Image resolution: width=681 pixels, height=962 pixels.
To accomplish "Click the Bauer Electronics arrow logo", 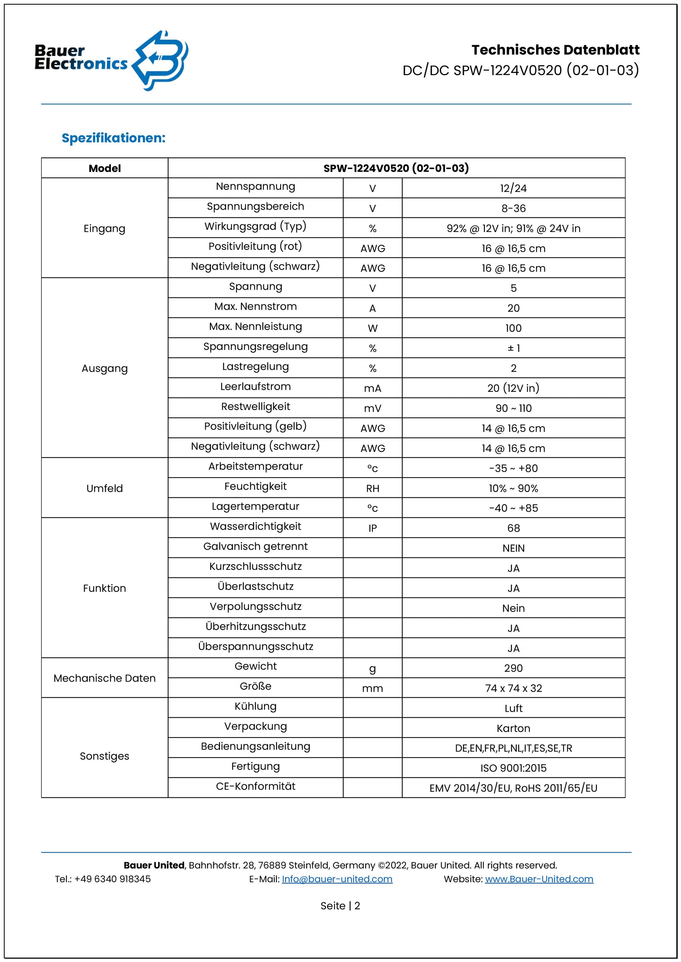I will click(161, 60).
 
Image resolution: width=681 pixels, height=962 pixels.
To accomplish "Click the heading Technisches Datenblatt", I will click(555, 50).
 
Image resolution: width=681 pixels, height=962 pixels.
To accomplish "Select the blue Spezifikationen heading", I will click(114, 138).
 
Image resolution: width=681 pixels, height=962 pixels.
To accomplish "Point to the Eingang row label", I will click(104, 229).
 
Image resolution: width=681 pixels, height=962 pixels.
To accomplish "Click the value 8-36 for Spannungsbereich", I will click(513, 208).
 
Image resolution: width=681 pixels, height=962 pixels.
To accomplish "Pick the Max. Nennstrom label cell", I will click(255, 307).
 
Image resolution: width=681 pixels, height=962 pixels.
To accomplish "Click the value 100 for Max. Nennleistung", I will click(513, 328).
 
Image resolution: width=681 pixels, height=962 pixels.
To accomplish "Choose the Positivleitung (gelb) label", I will click(255, 426).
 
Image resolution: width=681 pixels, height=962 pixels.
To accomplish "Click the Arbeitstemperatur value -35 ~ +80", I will click(513, 468).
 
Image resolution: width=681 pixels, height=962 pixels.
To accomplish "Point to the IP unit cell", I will click(372, 528).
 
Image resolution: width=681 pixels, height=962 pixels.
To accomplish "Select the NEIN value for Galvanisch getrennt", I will click(513, 548).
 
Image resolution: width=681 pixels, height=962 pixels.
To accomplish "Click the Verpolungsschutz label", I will click(255, 607).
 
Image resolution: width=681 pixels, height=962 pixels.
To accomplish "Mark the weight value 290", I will click(513, 668).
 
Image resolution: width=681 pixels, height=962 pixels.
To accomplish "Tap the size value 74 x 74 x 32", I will click(513, 688).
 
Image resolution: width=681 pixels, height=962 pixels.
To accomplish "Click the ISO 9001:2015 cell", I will click(513, 768).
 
